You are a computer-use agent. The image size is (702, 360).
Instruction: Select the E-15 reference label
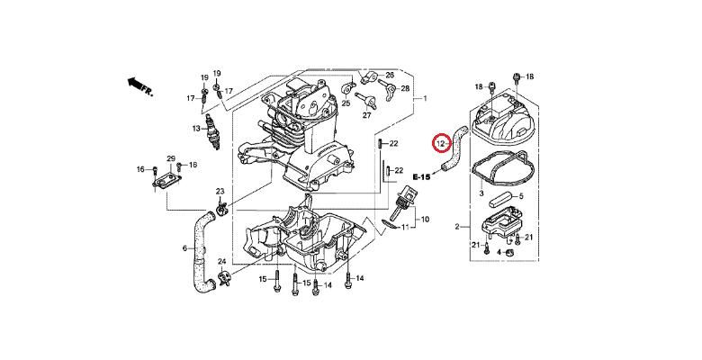pyautogui.click(x=421, y=176)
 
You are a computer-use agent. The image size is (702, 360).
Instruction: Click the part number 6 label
pyautogui.click(x=185, y=248)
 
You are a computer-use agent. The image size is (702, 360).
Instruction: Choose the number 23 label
pyautogui.click(x=220, y=193)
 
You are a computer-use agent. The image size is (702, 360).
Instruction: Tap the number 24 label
pyautogui.click(x=221, y=262)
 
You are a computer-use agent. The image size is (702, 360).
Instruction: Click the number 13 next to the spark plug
pyautogui.click(x=196, y=129)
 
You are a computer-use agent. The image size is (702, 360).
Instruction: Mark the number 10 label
pyautogui.click(x=426, y=220)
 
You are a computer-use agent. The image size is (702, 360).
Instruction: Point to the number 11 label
pyautogui.click(x=405, y=228)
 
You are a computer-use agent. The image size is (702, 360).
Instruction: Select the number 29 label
pyautogui.click(x=170, y=158)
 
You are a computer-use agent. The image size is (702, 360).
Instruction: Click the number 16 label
pyautogui.click(x=141, y=169)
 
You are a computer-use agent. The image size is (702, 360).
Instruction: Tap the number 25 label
pyautogui.click(x=346, y=103)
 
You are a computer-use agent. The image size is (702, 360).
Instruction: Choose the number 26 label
pyautogui.click(x=390, y=75)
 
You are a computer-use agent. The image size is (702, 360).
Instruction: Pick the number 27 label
pyautogui.click(x=367, y=115)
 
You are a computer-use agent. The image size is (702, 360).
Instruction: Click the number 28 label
pyautogui.click(x=405, y=88)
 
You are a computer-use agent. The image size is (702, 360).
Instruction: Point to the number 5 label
pyautogui.click(x=520, y=196)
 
